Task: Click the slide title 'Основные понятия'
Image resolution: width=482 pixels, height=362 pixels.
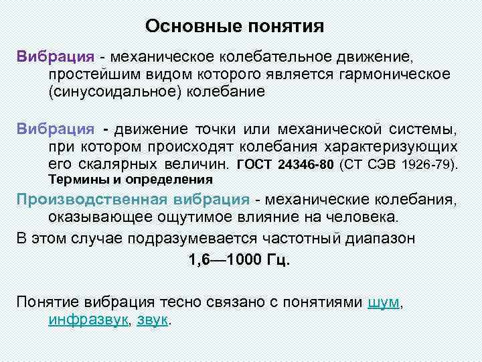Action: pos(234,27)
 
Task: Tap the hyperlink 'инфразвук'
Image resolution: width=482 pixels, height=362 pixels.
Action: pos(88,320)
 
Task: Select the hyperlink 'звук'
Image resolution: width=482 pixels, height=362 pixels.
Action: pos(153,320)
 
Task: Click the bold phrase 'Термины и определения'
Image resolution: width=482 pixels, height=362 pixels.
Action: pos(131,180)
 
